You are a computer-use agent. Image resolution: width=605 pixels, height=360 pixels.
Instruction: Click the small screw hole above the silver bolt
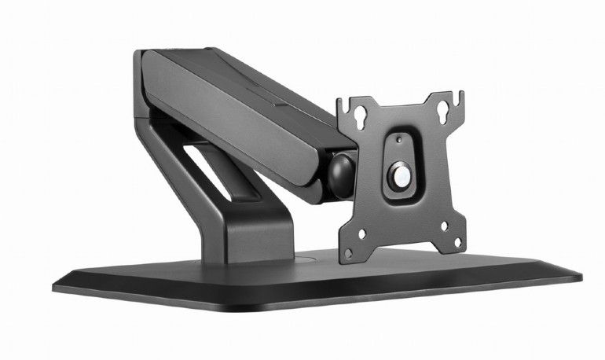point(399,140)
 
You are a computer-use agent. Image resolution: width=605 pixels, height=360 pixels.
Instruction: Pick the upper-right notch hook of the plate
point(458,98)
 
